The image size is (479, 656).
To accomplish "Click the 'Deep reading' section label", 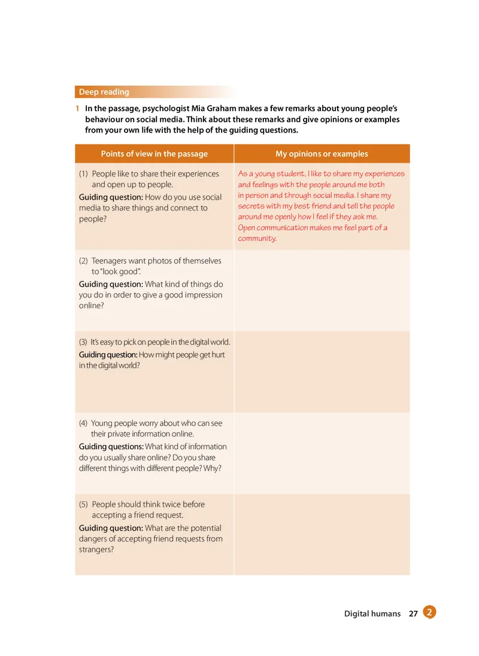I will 104,92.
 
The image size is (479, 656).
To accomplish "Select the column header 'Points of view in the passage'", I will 154,154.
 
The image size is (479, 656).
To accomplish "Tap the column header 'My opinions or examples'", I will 322,154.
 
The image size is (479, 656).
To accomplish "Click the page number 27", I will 413,613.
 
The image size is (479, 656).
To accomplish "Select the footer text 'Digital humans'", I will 372,613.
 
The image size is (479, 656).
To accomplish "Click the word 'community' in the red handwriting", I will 256,238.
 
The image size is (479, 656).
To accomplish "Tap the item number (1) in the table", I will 84,174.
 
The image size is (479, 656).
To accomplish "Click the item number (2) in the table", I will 84,261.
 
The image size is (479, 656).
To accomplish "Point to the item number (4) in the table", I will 84,423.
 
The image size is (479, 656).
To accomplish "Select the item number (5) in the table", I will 84,504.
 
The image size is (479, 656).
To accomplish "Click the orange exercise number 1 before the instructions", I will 78,109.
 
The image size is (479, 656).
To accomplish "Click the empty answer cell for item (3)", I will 322,372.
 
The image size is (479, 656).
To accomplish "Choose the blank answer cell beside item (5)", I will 322,534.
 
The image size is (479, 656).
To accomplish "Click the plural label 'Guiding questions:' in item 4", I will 111,447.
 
